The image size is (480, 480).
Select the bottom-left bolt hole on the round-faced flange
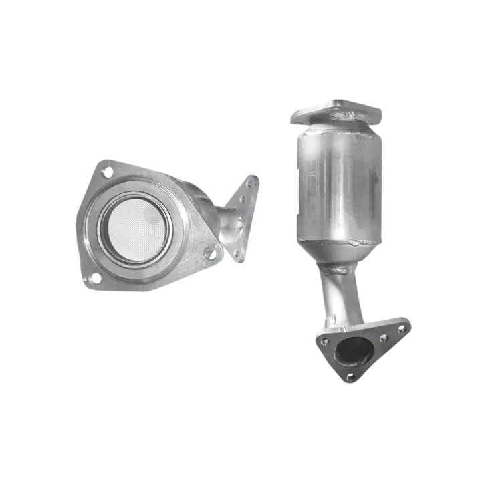tap(93, 277)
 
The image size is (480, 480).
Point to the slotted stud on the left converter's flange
tap(211, 253)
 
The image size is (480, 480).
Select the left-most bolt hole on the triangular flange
tap(325, 341)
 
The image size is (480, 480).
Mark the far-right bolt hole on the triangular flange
tap(402, 329)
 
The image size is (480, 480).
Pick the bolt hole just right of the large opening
tap(384, 338)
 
